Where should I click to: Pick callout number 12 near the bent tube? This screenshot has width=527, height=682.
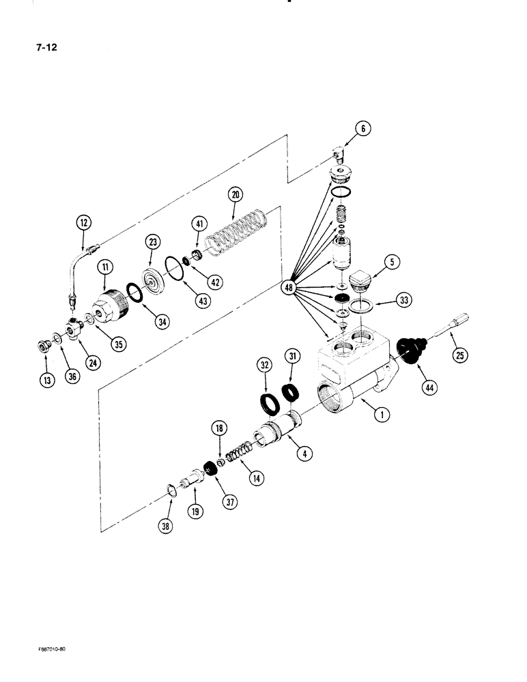point(83,222)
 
